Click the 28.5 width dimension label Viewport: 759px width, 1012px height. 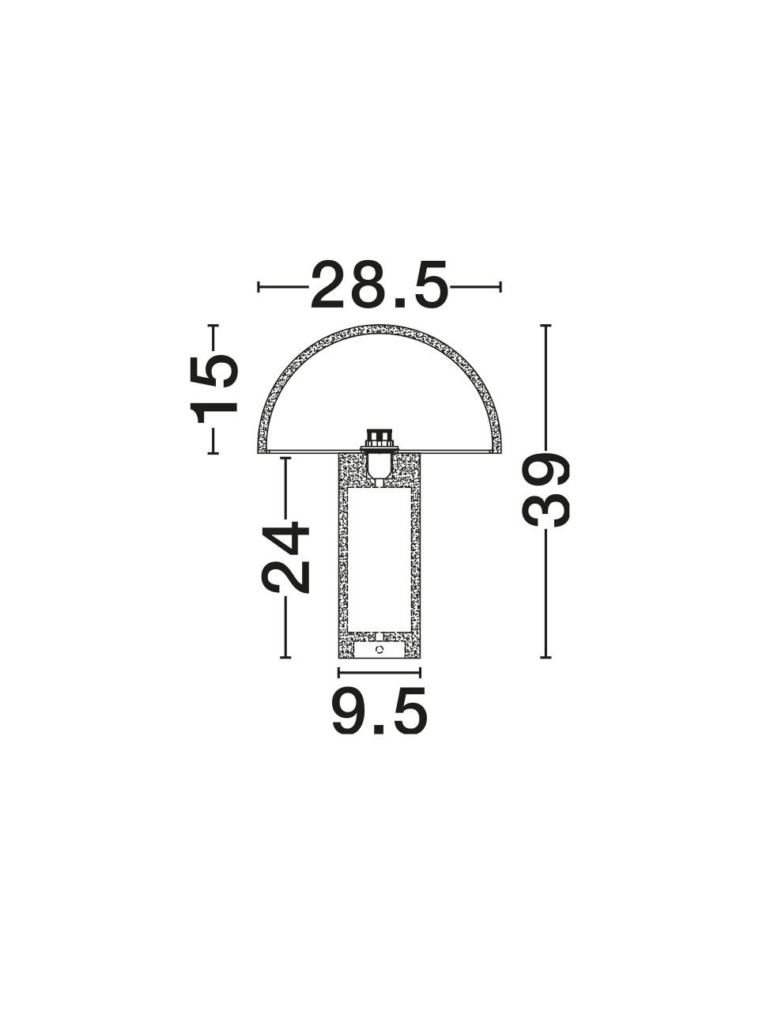[379, 285]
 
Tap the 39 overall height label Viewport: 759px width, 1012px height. [546, 490]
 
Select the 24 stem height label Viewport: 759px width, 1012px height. [285, 557]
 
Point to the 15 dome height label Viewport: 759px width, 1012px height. [214, 389]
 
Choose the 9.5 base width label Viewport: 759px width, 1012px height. [379, 715]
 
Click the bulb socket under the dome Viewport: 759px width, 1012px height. [379, 453]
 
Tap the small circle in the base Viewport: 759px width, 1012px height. [379, 650]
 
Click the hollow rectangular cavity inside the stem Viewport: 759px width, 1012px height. [379, 560]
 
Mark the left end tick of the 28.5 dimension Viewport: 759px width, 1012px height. [259, 287]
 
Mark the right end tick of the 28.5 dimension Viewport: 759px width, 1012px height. [500, 287]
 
